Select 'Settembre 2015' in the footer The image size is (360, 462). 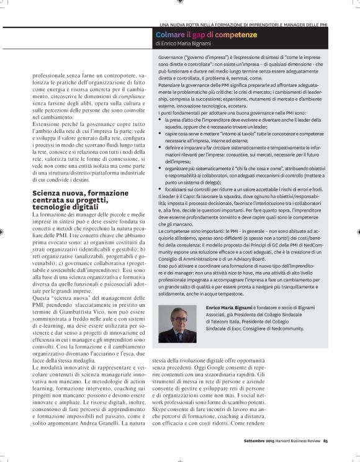257,442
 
